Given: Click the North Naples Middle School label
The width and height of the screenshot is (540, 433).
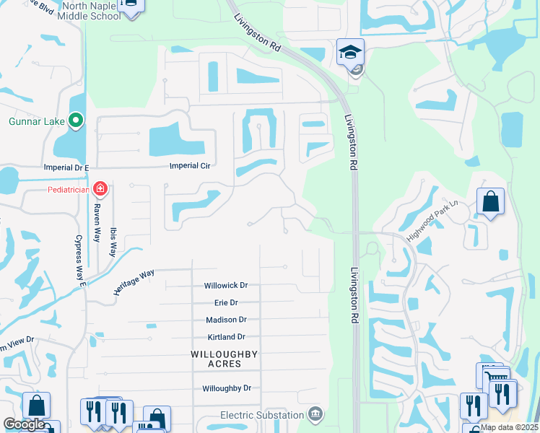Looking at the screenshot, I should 91,11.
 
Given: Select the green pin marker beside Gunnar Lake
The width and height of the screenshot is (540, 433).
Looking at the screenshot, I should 76,121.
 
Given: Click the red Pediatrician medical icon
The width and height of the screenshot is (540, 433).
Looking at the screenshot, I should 100,190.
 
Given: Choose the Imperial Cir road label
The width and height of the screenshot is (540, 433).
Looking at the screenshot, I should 189,165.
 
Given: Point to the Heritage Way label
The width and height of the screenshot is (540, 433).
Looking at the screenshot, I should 134,281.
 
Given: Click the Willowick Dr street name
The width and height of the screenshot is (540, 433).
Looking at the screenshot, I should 225,285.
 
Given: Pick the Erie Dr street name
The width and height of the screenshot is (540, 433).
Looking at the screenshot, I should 225,302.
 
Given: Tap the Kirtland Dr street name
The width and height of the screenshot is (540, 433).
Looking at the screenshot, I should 225,337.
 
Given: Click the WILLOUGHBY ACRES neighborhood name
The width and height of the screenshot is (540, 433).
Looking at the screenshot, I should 225,359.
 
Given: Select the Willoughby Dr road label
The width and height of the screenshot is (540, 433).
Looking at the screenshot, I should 226,388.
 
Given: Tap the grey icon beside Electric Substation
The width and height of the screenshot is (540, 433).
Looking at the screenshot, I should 315,414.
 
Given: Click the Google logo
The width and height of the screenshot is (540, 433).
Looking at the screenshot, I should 24,425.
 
